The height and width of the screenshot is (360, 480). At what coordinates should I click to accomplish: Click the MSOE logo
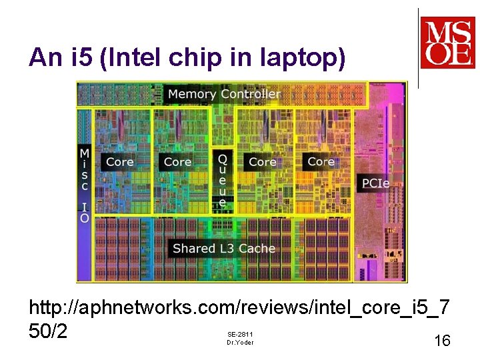447,43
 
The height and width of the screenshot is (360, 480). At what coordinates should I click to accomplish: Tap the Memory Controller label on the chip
224,94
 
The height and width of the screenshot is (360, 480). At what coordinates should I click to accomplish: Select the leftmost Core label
119,162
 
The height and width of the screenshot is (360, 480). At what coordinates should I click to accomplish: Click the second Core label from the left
177,162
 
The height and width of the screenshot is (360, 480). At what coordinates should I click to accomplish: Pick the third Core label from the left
262,162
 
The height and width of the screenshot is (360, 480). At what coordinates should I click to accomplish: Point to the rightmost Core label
321,162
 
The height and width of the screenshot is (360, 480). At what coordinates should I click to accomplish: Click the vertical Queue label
223,181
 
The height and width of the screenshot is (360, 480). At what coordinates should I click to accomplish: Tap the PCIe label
376,183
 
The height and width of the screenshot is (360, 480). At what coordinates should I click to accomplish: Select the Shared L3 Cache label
224,249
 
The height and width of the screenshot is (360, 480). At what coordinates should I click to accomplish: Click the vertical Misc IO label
85,186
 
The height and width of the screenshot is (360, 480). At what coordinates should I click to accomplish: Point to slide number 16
442,341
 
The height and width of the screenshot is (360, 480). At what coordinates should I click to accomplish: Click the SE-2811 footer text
240,334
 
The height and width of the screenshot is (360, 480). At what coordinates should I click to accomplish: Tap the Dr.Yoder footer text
240,343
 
